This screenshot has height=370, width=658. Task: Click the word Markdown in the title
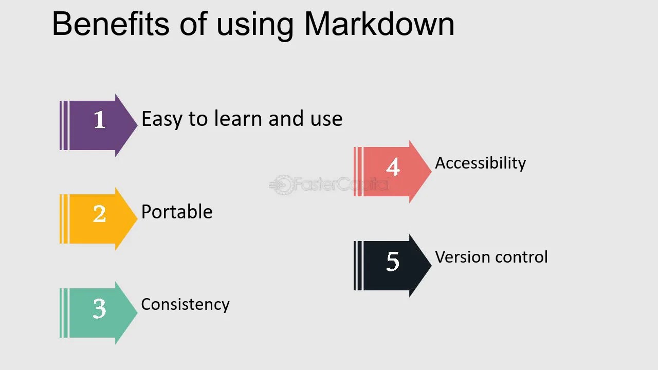coord(379,24)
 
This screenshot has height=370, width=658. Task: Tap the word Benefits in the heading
coord(110,24)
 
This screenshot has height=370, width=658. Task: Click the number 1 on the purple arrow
coord(100,120)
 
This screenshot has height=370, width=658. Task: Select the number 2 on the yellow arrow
coord(100,214)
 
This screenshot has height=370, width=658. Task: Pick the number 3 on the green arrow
coord(100,308)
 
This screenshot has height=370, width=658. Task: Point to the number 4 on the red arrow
coord(393,167)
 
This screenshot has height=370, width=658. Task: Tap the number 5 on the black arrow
coord(393,262)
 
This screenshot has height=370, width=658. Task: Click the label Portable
coord(177,212)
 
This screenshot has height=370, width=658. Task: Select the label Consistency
coord(185,304)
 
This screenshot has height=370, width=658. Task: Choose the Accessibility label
coord(480,163)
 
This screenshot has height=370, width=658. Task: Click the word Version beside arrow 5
coord(459,257)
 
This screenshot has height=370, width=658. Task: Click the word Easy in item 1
coord(162,119)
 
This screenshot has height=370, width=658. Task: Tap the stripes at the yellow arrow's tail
coord(64,219)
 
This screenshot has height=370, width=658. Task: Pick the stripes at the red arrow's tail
coord(358,172)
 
